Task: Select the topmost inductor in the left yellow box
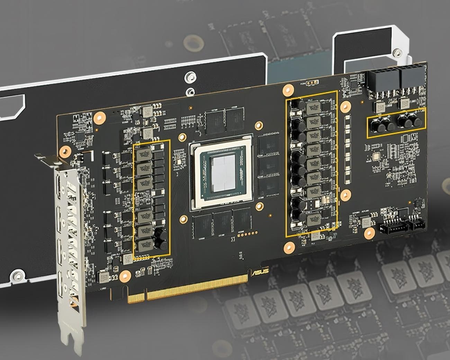click(x=143, y=153)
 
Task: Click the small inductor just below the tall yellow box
click(x=315, y=236)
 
